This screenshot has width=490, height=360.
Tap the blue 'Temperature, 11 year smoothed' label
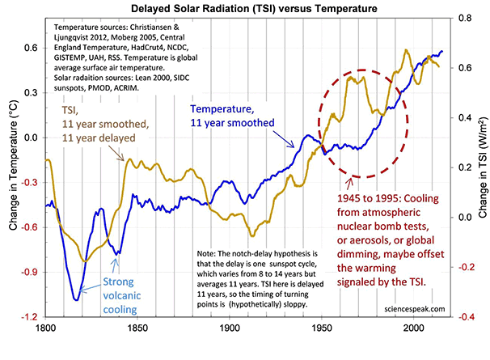point(231,114)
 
